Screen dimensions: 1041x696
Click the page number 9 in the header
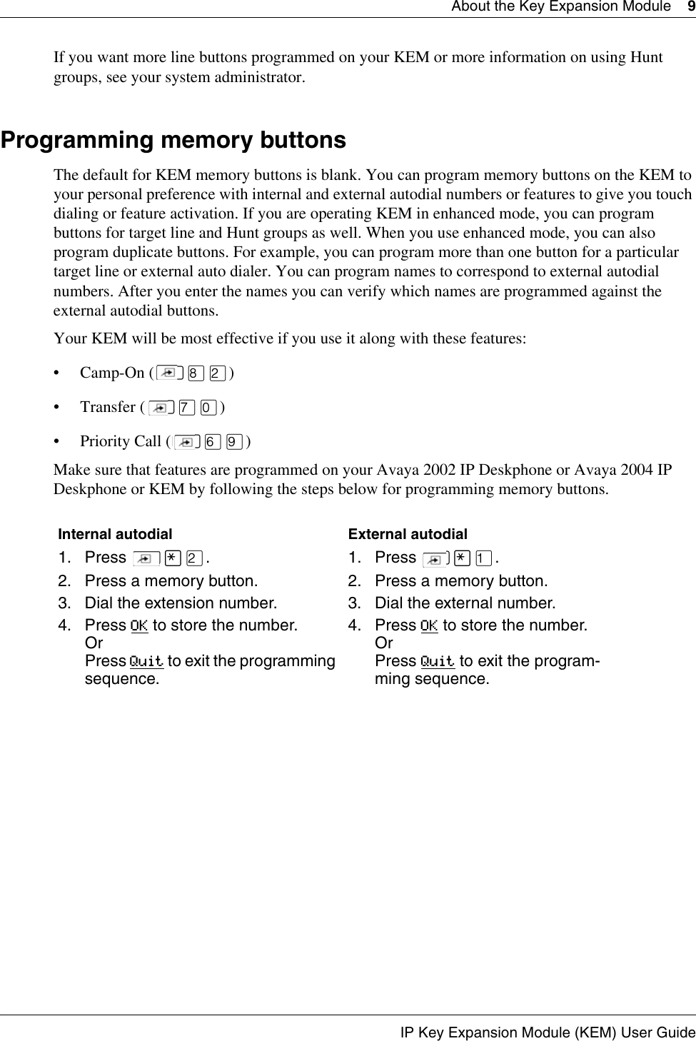coord(690,6)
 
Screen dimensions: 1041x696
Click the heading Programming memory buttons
coord(173,140)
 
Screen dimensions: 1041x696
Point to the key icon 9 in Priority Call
coord(232,442)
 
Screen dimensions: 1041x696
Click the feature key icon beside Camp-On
coord(169,373)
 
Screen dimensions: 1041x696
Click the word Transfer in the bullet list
coord(108,407)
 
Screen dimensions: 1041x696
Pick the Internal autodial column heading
coord(115,534)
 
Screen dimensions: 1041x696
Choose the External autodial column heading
coord(408,534)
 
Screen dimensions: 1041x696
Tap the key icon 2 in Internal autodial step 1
coord(194,558)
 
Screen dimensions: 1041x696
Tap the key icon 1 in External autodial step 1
coord(484,558)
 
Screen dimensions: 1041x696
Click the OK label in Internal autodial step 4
coord(139,626)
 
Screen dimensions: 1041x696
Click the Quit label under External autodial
coord(437,661)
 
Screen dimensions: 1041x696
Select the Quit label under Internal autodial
coord(146,661)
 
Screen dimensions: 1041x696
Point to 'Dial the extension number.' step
coord(181,603)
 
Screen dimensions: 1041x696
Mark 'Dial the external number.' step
coord(465,603)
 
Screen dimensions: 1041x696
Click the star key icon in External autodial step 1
coord(461,558)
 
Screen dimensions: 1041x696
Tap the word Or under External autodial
coord(383,643)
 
